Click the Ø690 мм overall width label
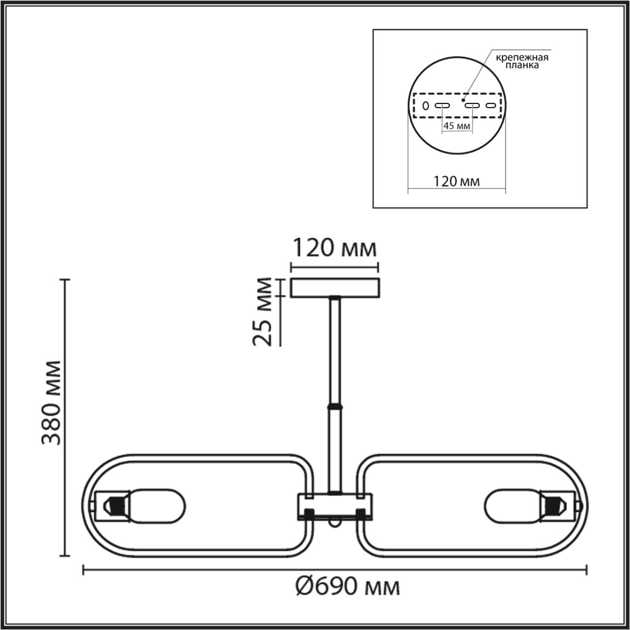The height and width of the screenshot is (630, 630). (x=347, y=587)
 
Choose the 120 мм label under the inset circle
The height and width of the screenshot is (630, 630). (x=456, y=181)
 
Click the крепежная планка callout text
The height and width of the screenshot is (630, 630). (x=522, y=61)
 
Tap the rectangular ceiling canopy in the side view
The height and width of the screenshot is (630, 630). (x=335, y=288)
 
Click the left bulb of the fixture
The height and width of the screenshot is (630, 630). (x=157, y=505)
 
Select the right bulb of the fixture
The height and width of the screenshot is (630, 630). (x=512, y=505)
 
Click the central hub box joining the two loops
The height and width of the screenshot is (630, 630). (x=335, y=506)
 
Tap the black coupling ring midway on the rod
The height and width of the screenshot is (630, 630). (x=335, y=407)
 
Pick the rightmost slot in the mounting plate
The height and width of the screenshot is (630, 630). (x=491, y=105)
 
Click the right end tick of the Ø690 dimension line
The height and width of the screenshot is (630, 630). (x=586, y=570)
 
